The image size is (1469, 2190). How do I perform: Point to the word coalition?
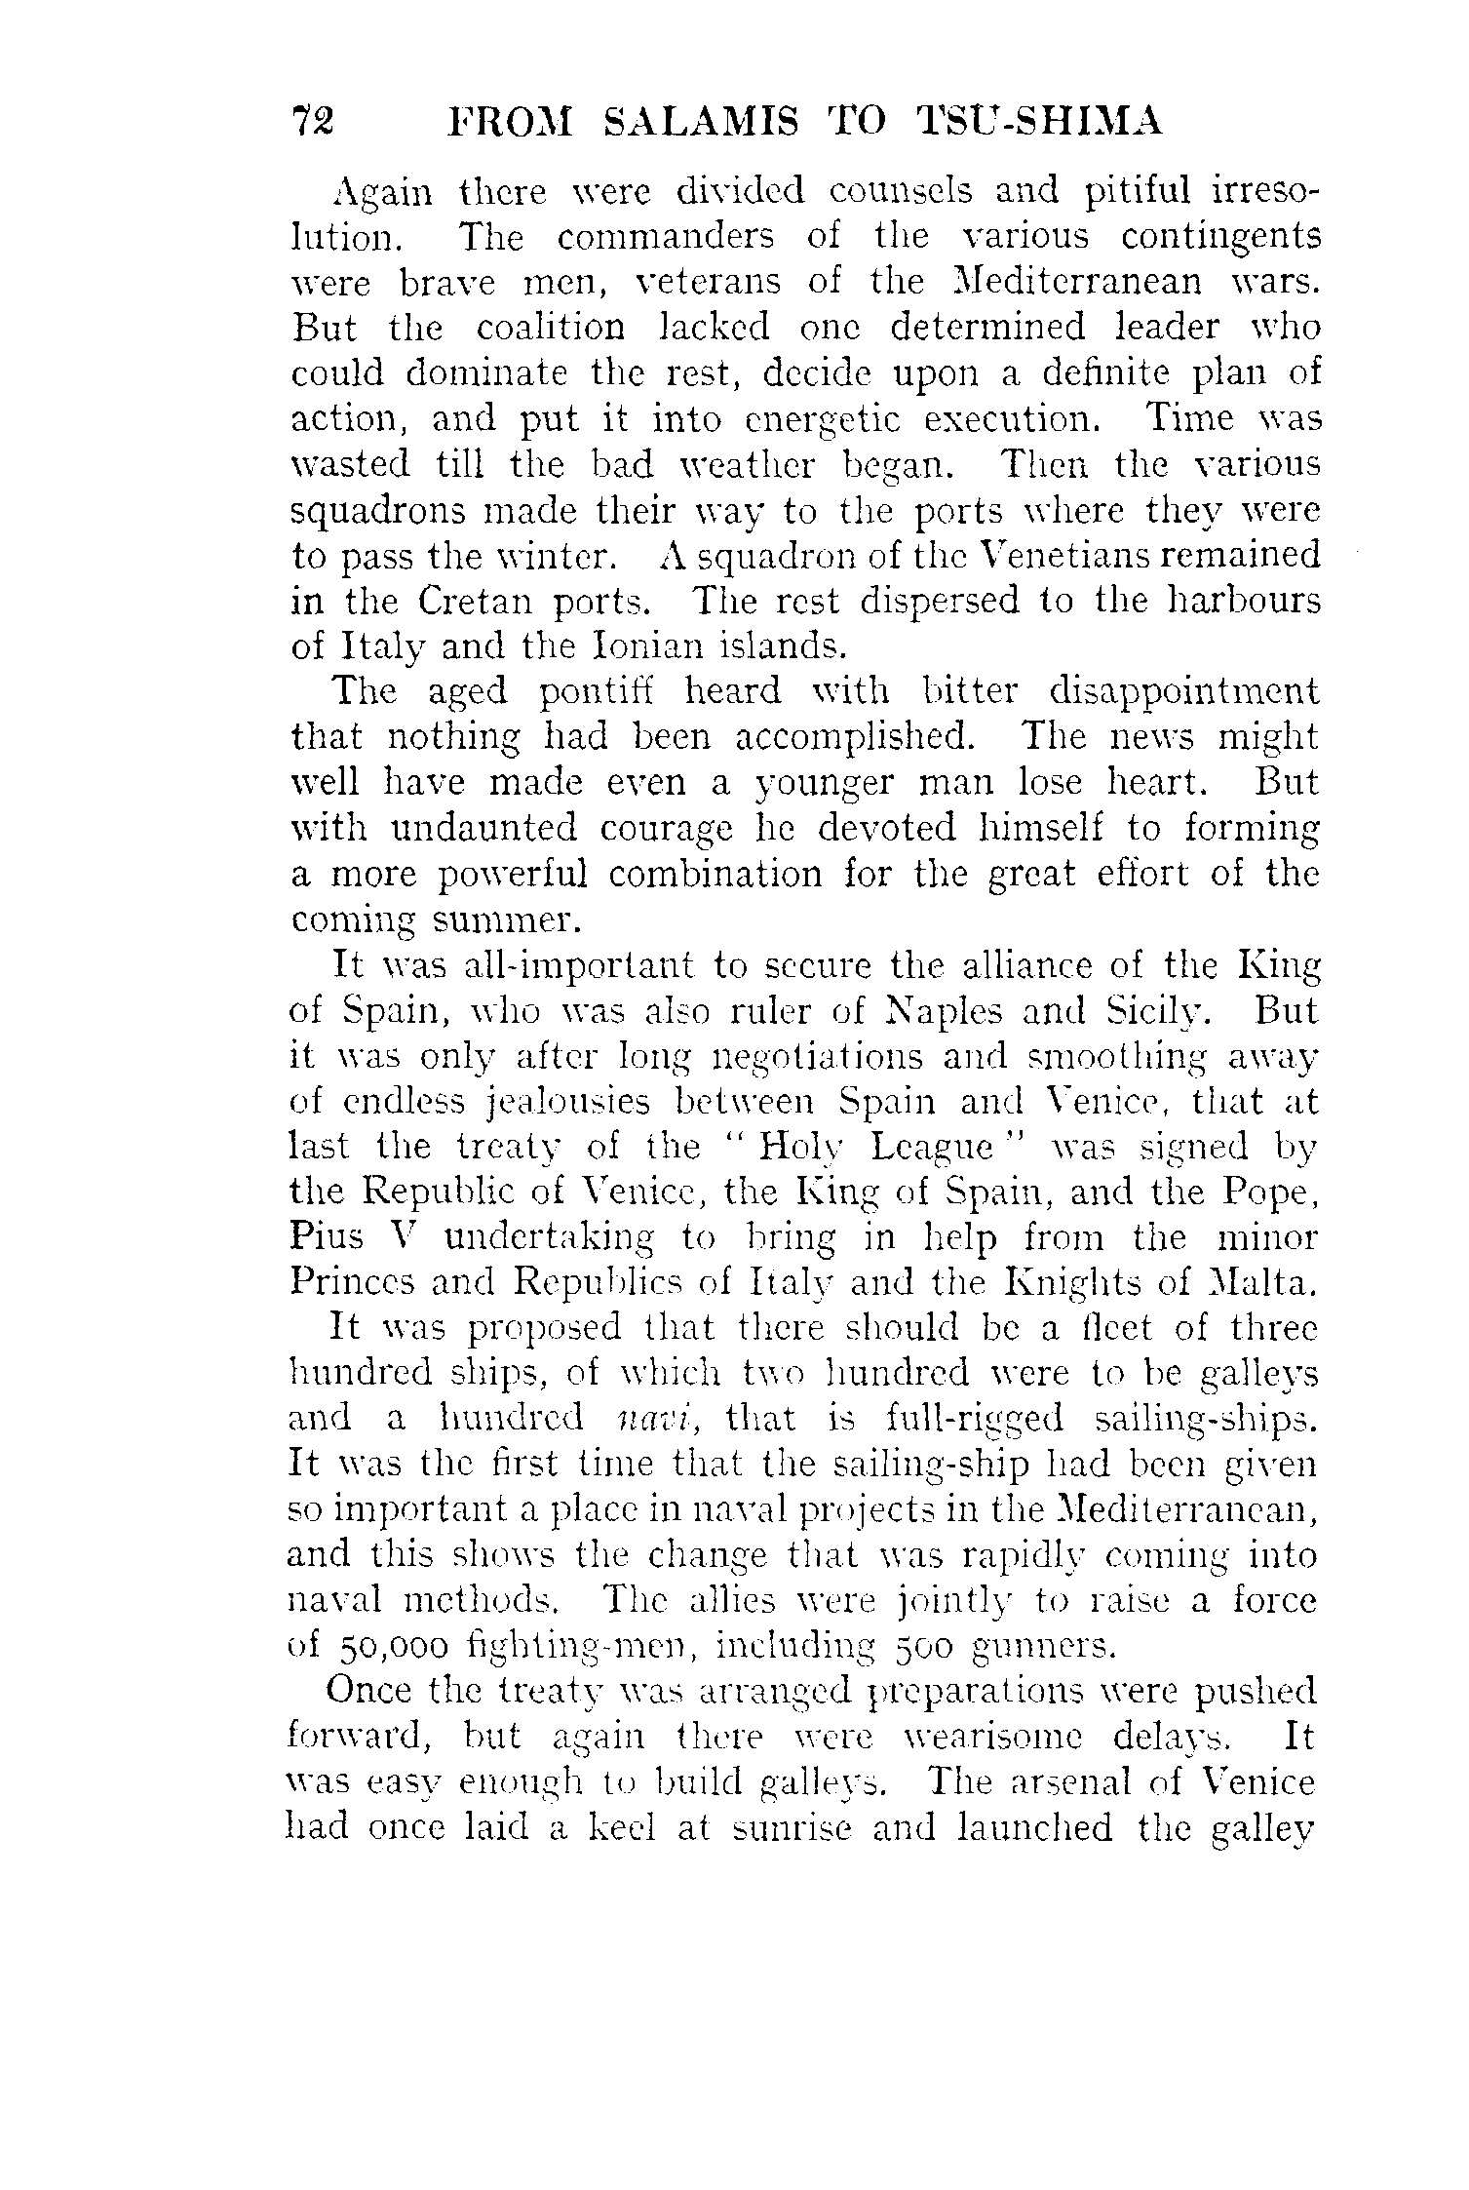(x=551, y=327)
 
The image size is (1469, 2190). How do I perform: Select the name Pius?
(x=327, y=1238)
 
